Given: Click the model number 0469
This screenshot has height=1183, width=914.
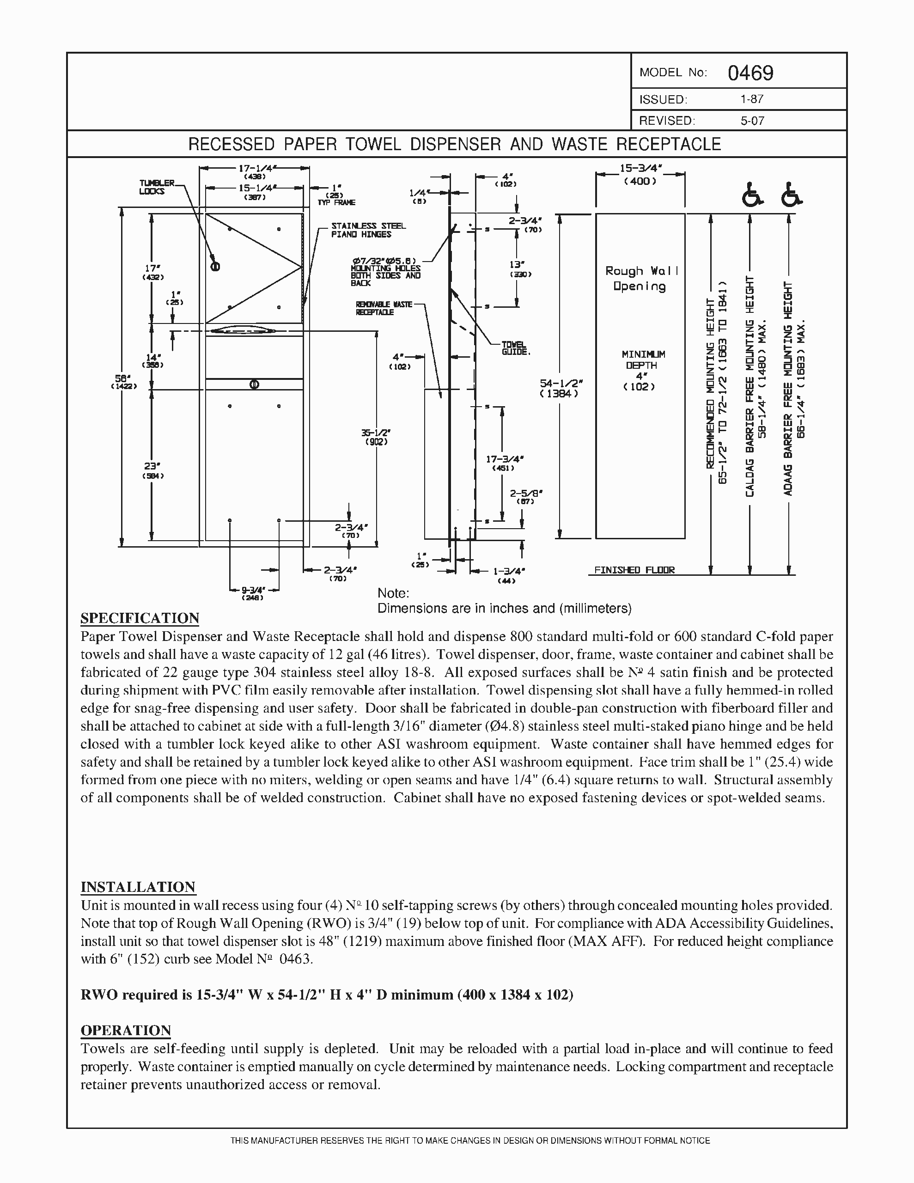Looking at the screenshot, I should tap(750, 73).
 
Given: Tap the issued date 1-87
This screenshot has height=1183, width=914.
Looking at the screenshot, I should tap(752, 99).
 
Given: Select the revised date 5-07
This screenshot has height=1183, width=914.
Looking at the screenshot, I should tap(752, 121).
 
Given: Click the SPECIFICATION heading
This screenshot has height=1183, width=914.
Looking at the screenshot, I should tap(140, 618).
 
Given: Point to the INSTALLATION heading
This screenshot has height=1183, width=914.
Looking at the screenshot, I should tap(138, 887).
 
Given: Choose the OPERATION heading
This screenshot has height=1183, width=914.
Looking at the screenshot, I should tap(126, 1030).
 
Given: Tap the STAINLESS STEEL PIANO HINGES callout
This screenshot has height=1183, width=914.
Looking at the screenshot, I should tap(368, 230).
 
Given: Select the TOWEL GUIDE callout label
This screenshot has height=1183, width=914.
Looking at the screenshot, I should tap(515, 348).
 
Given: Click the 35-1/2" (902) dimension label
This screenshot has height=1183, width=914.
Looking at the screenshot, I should tap(376, 437).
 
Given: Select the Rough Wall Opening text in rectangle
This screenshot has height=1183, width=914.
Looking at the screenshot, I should tap(640, 278).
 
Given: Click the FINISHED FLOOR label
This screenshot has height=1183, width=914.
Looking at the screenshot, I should tap(634, 570).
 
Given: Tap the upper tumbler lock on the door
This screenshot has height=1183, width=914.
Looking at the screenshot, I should tap(214, 267).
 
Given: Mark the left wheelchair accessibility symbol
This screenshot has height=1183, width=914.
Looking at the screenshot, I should tap(751, 195).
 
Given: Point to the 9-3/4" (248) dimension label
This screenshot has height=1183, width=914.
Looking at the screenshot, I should tap(253, 593).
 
